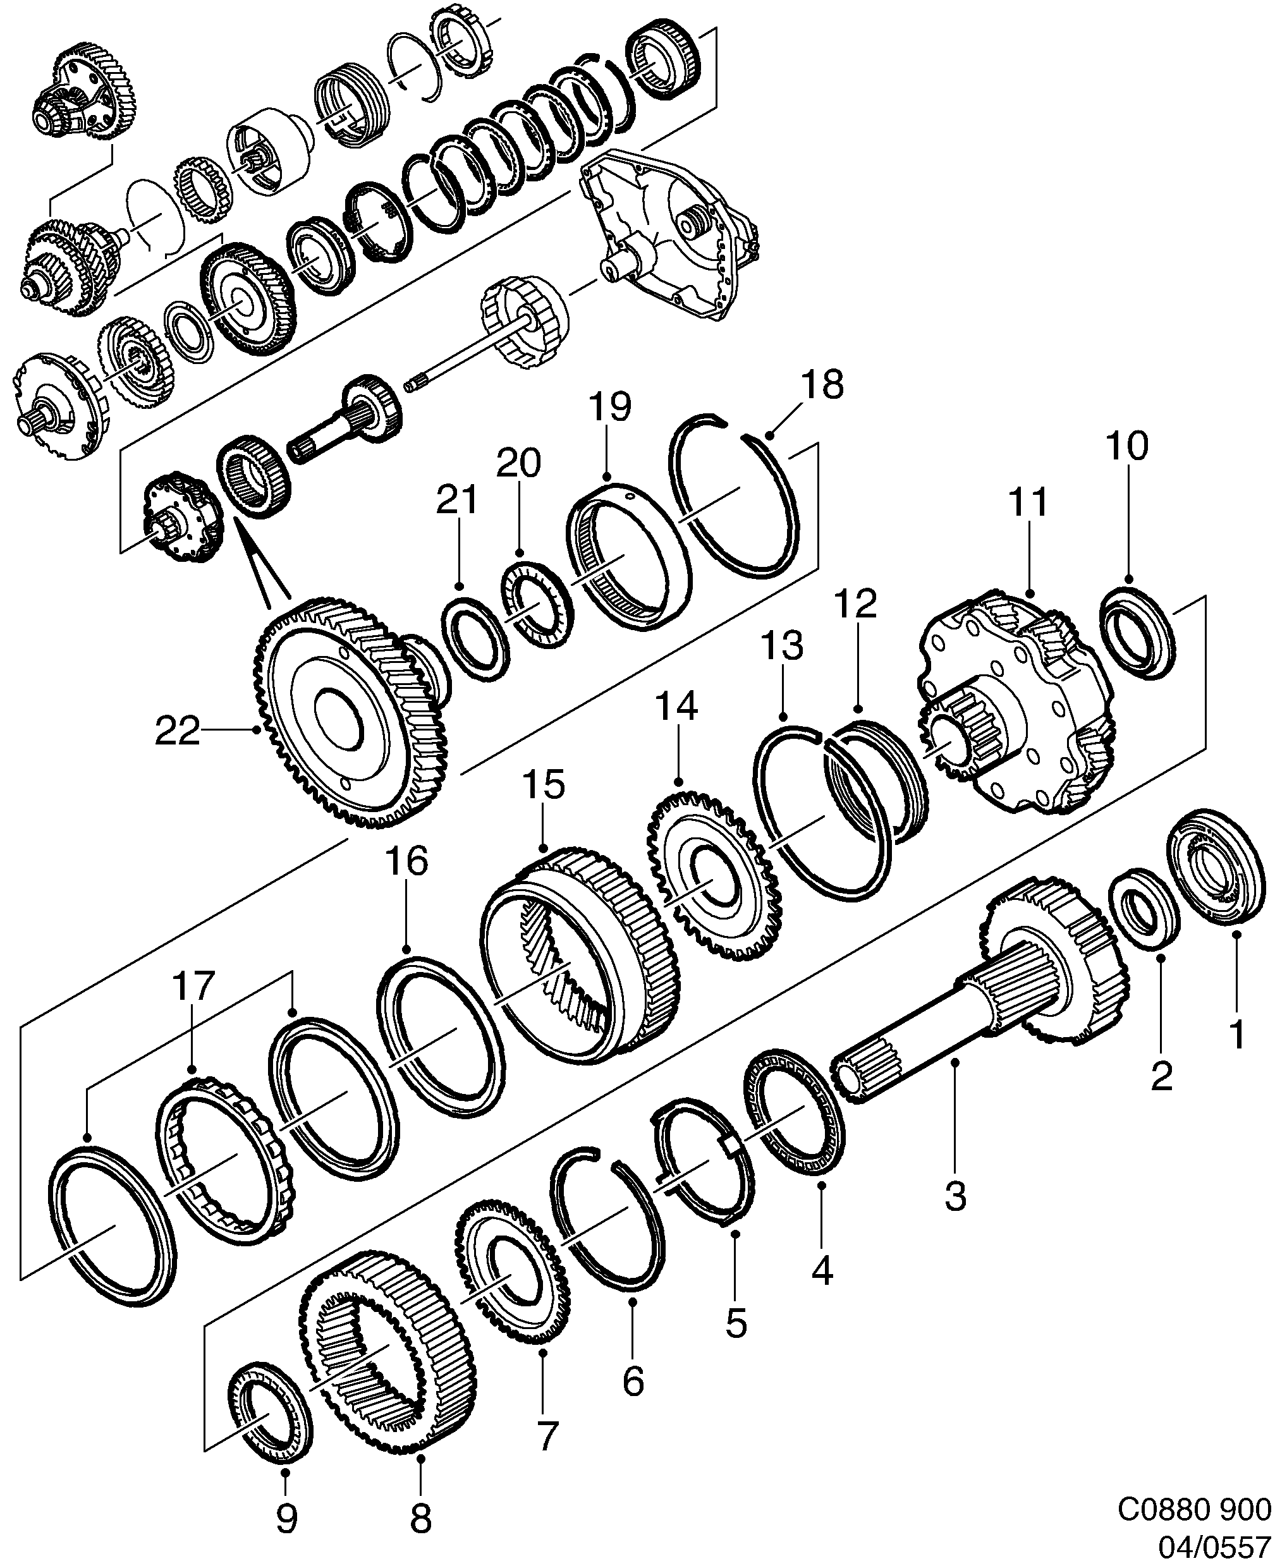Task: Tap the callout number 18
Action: pyautogui.click(x=822, y=385)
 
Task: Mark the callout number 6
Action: pyautogui.click(x=633, y=1380)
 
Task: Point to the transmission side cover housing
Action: pyautogui.click(x=668, y=235)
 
